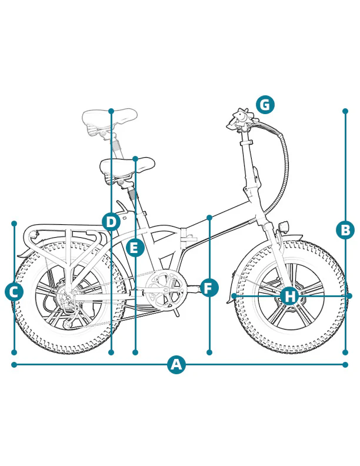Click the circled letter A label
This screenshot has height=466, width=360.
click(176, 365)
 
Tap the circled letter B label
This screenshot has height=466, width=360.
click(345, 229)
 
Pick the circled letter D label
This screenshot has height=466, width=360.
click(111, 222)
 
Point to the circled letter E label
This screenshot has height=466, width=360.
click(135, 248)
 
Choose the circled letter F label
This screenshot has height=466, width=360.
click(209, 288)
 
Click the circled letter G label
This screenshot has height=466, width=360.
click(265, 105)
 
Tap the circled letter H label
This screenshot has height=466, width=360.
click(289, 295)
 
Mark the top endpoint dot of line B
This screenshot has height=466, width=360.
click(345, 111)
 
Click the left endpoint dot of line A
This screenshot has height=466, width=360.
click(14, 365)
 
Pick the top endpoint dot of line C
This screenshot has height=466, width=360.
click(14, 224)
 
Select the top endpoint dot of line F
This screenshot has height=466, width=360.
click(209, 218)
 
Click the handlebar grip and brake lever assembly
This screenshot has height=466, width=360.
click(242, 120)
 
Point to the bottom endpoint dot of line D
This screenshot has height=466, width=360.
click(111, 352)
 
